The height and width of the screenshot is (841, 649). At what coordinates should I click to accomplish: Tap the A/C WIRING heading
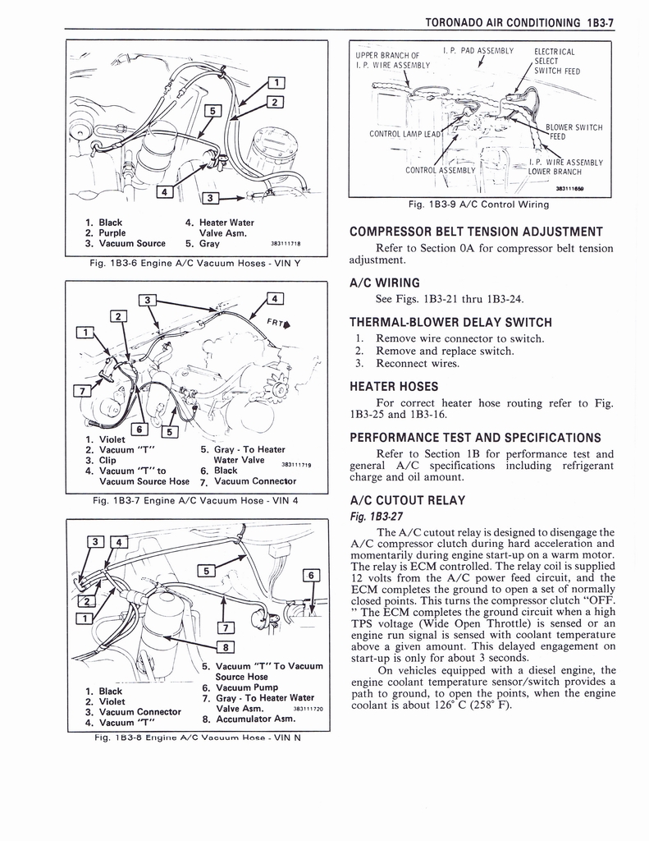(386, 283)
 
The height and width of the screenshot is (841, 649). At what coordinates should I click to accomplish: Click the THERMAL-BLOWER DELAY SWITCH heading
(450, 322)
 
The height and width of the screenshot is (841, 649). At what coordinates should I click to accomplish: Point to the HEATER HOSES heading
(394, 386)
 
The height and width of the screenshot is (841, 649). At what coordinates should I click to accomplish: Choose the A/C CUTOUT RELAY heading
(407, 500)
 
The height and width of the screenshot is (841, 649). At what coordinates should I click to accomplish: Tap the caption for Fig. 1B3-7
(195, 500)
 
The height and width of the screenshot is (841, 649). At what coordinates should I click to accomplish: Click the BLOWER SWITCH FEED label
(574, 132)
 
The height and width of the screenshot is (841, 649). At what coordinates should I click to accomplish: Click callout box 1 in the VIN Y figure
(278, 82)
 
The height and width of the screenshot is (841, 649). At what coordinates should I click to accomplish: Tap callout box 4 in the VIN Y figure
(164, 193)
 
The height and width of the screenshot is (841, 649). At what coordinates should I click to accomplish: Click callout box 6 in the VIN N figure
(310, 576)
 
